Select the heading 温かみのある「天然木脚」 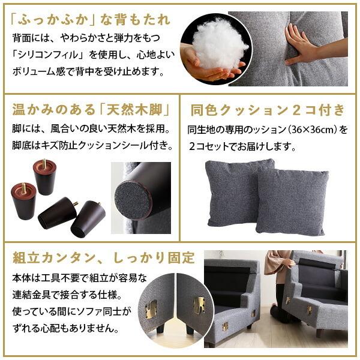89,110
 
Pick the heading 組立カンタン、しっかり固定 103,258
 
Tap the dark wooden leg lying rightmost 88,217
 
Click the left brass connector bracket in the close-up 151,308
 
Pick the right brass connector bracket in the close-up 198,305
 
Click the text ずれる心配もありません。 65,329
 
